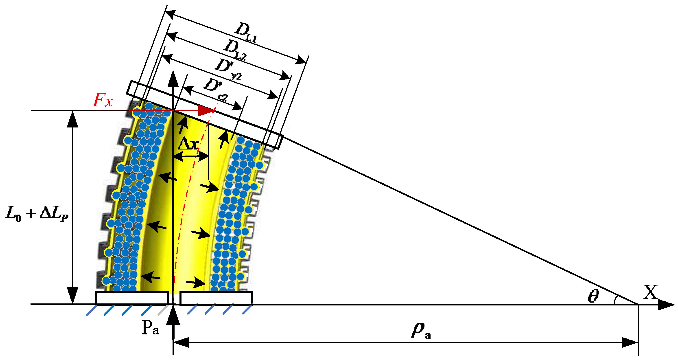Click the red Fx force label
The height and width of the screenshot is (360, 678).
(103, 101)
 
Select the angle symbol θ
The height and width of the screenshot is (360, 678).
(593, 296)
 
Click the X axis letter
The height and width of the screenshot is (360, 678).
(650, 292)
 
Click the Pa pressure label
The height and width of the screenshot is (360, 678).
(151, 328)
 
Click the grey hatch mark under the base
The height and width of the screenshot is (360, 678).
(163, 310)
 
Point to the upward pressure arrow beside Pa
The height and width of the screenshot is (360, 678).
(173, 323)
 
